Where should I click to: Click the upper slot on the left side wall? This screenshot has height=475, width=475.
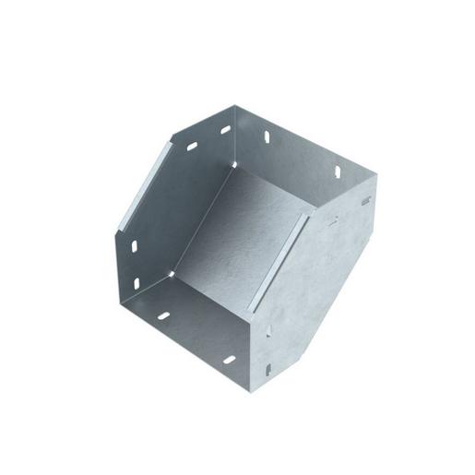134,247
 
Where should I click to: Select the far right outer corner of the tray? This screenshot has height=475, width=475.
377,196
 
